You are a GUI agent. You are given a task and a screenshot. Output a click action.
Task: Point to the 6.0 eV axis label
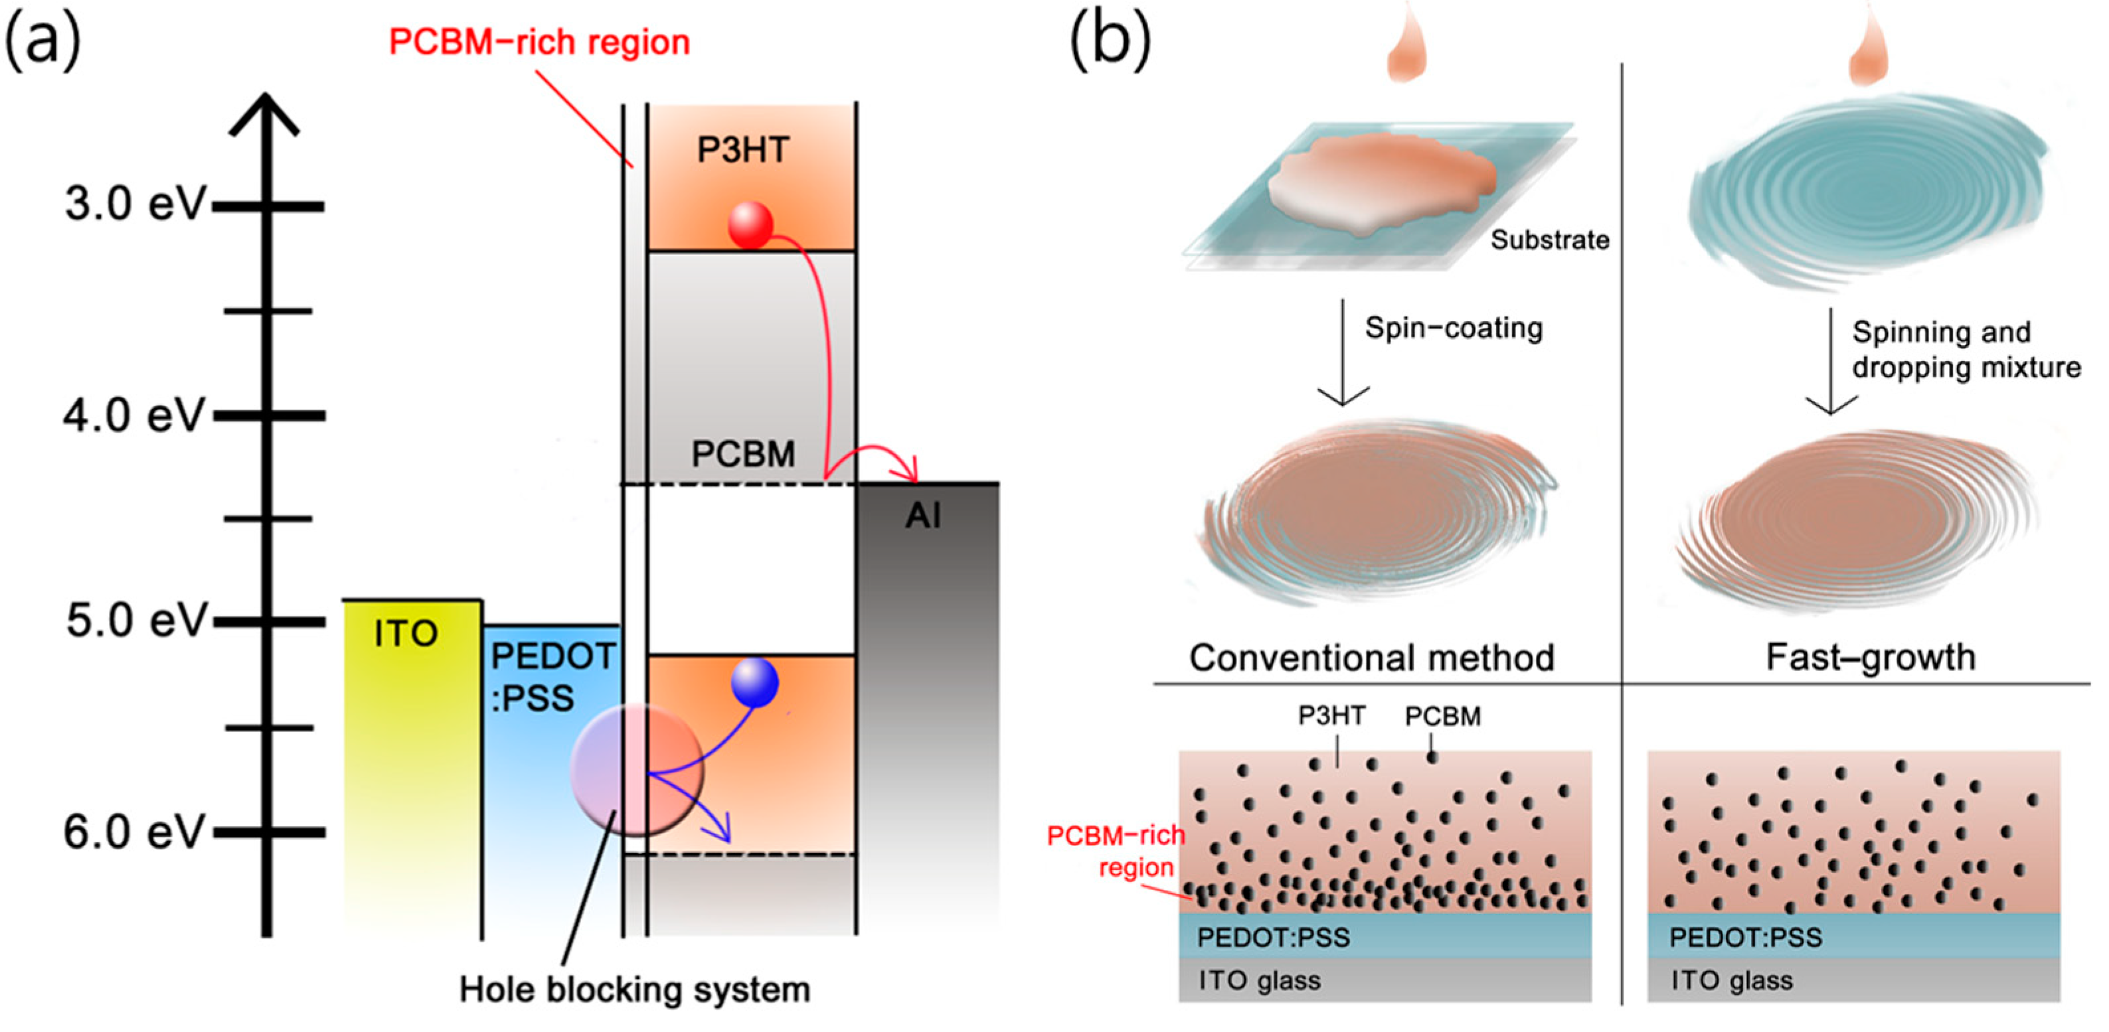tap(133, 832)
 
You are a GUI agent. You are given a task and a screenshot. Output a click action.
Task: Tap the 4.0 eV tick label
tap(133, 415)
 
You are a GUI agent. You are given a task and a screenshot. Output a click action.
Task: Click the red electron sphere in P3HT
tap(750, 224)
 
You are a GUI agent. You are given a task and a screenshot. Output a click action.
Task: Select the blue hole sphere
tap(754, 682)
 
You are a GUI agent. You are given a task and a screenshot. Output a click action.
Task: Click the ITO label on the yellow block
tap(406, 633)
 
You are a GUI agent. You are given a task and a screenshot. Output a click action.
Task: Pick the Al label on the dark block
tap(923, 516)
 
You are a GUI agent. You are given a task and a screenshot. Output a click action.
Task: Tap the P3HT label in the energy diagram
tap(742, 150)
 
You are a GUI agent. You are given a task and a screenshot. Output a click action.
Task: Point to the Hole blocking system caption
tap(635, 990)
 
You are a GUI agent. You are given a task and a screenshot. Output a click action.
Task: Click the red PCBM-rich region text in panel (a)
tap(539, 42)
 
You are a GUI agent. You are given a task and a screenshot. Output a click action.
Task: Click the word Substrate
tap(1549, 240)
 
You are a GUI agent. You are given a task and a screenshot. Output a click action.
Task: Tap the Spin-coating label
tap(1453, 328)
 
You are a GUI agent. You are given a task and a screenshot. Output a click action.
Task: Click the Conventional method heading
tap(1371, 657)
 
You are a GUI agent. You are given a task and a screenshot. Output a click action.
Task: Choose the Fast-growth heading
tap(1870, 657)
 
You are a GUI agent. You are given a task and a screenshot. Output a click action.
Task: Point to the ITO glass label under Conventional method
tap(1259, 980)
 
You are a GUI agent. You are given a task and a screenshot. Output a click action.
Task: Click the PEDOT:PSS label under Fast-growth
tap(1746, 937)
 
